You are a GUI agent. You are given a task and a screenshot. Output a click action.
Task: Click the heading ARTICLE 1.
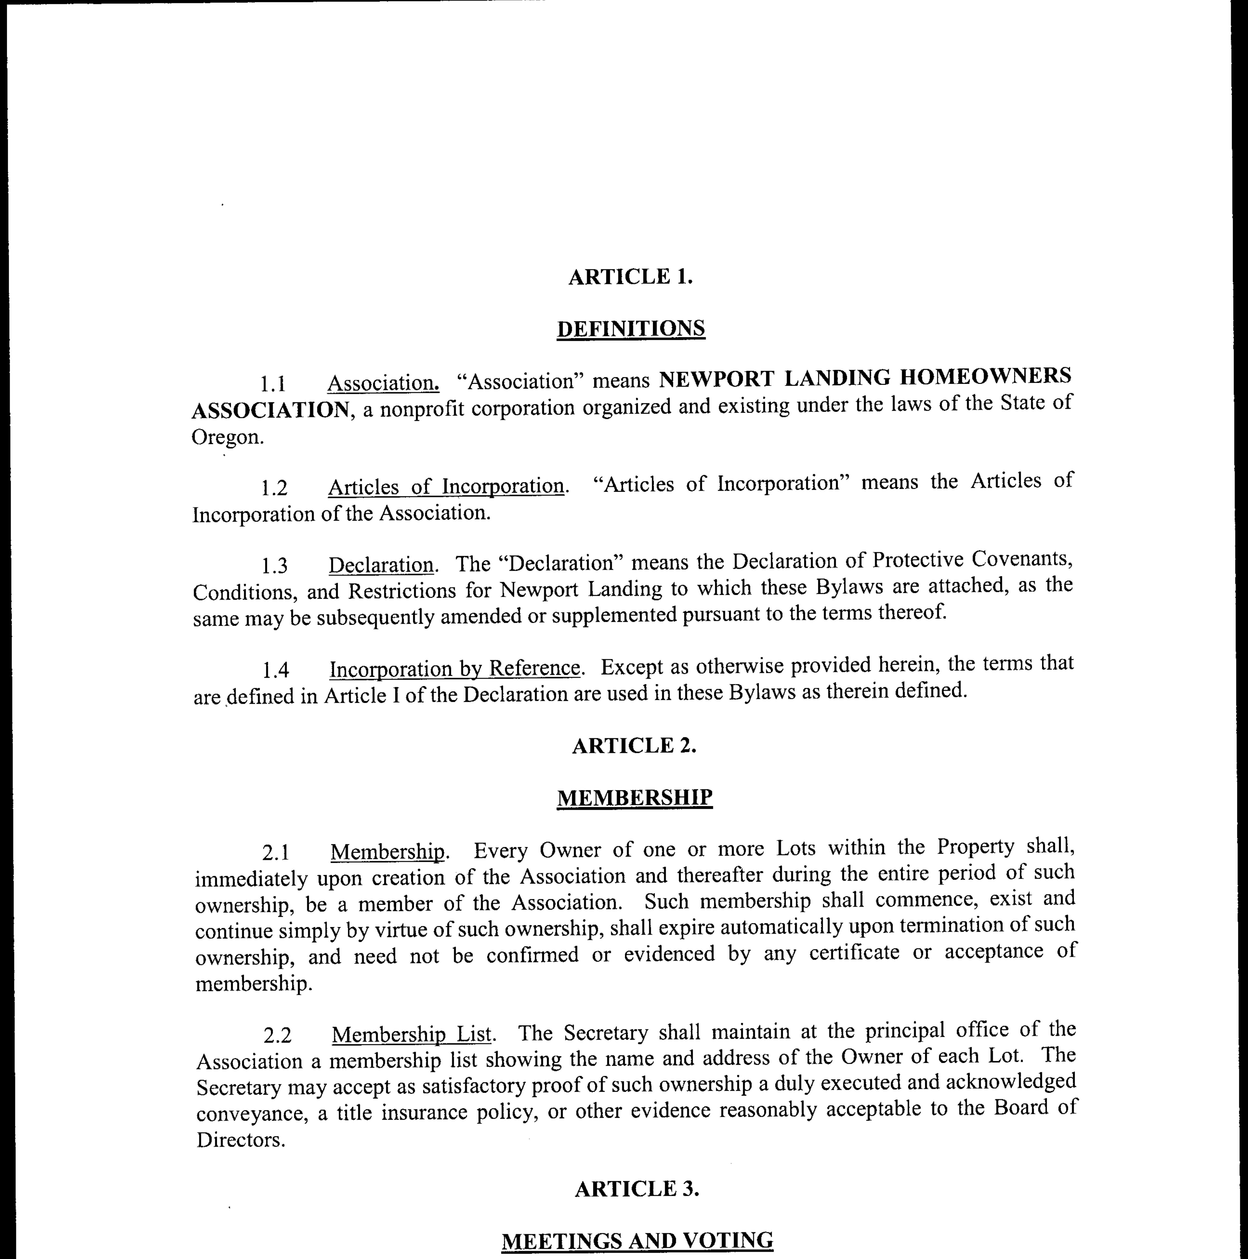coord(630,277)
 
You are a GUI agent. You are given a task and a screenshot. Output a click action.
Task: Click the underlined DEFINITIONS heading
coord(630,328)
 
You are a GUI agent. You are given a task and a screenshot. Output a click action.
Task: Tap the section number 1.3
coord(275,566)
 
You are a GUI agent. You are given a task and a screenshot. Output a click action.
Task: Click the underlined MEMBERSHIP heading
coord(634,798)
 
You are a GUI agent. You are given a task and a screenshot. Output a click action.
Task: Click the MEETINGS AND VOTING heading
coord(637,1241)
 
